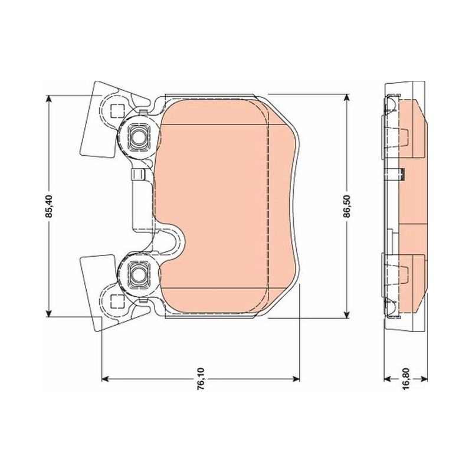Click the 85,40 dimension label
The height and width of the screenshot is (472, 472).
coord(49,206)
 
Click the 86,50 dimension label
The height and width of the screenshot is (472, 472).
coord(347,206)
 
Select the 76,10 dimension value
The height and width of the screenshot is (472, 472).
coord(201,379)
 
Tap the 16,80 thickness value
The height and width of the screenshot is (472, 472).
coord(406,379)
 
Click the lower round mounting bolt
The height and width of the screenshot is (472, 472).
coord(139,274)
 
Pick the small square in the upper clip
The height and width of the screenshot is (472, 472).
coord(117,111)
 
